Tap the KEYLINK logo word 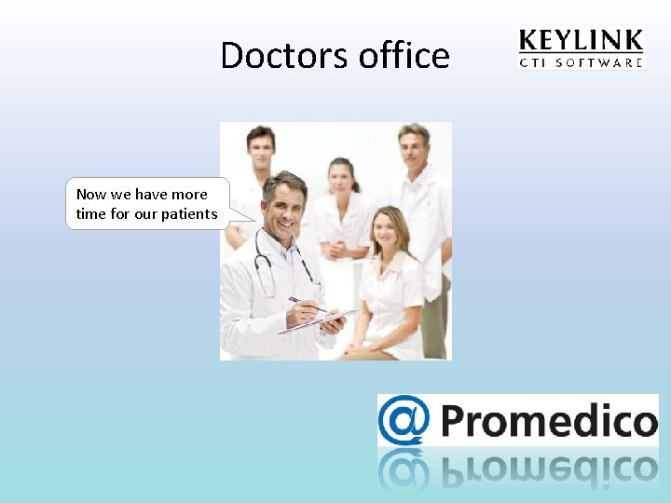[580, 42]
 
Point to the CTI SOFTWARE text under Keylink [580, 63]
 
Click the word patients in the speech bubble [188, 214]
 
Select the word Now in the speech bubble [91, 195]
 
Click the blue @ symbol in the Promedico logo [404, 421]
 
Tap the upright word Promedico [548, 421]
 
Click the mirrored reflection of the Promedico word [548, 469]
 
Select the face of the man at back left [260, 148]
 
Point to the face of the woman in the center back [342, 178]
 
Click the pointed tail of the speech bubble [247, 216]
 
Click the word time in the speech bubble [90, 214]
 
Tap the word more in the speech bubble [188, 195]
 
